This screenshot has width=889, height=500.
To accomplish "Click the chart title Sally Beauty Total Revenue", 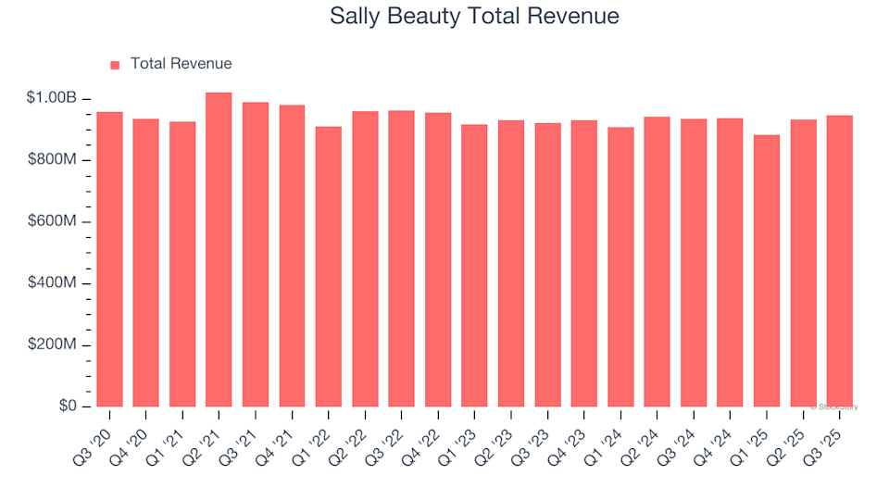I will [474, 17].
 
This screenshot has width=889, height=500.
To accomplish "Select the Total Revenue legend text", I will [181, 64].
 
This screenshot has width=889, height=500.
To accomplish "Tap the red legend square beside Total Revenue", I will [115, 65].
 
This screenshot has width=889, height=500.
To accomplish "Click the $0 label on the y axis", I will [67, 406].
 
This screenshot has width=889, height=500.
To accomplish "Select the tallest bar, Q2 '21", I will [219, 250].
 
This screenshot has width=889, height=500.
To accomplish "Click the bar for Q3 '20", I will [109, 259].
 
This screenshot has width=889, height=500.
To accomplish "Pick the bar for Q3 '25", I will [840, 261].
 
